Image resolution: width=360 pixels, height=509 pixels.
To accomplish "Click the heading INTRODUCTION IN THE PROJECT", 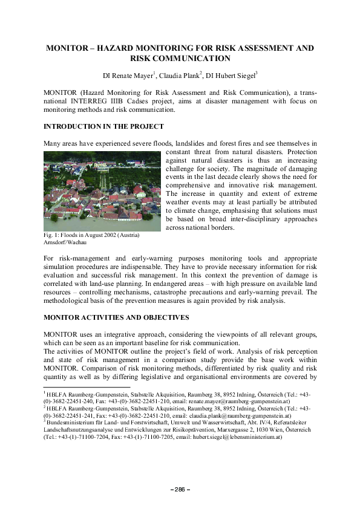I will pos(103,126).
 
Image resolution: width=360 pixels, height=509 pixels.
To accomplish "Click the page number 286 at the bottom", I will pos(180,489).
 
